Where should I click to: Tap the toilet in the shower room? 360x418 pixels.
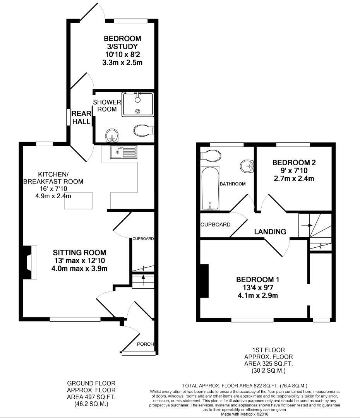[143, 129]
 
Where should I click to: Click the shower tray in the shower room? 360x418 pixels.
[138, 104]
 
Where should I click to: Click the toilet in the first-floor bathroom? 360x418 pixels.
[211, 155]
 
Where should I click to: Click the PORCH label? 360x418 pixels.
[146, 344]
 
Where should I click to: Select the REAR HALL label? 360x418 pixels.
[81, 118]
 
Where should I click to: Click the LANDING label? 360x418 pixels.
[270, 232]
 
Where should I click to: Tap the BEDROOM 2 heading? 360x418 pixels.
[294, 163]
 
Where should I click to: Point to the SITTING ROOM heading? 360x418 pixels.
[80, 253]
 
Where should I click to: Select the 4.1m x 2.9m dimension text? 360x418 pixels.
[258, 295]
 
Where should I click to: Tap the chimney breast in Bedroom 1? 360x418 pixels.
[204, 281]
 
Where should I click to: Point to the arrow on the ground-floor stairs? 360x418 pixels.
[143, 277]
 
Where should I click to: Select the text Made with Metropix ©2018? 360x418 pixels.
[245, 414]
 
